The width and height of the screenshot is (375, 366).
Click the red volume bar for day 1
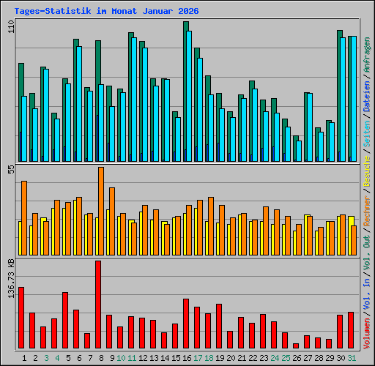21,318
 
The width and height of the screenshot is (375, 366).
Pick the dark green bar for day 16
185,88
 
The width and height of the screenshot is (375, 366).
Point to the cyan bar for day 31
352,98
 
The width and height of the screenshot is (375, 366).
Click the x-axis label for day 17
198,358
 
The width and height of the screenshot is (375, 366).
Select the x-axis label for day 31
352,358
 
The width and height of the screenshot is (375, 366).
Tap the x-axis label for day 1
25,358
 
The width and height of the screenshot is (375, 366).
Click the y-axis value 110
10,26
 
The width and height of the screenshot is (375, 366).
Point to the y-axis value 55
10,169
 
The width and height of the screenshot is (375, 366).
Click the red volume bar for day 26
296,346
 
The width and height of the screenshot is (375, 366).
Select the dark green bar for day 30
339,95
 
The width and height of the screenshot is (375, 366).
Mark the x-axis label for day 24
275,358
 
